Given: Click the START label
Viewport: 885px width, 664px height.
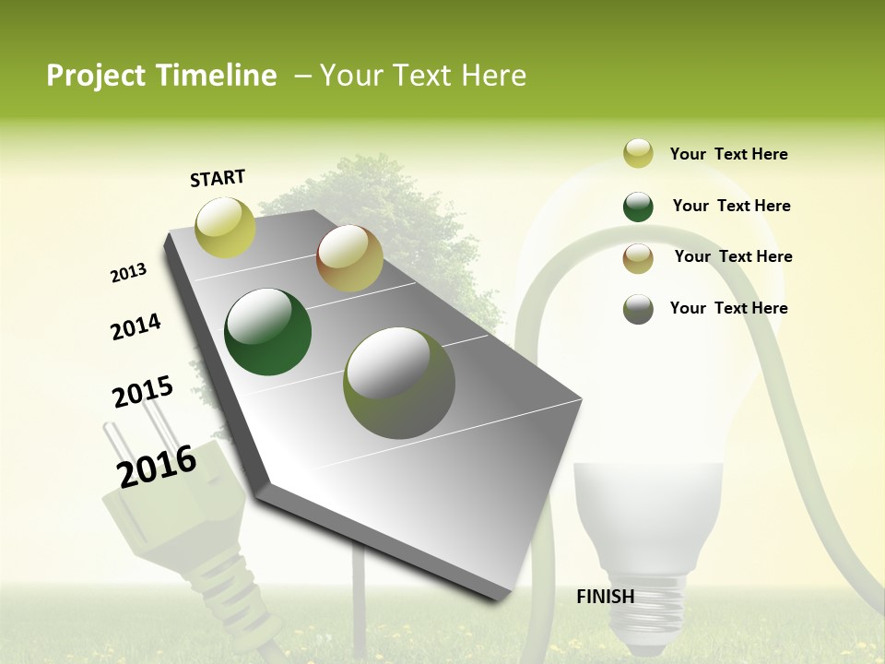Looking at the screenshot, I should pos(218,178).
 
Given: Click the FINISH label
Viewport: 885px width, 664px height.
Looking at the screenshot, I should pos(605,597).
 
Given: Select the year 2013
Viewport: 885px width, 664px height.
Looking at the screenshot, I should pos(128,272).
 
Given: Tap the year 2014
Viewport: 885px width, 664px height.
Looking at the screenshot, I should pos(136,326).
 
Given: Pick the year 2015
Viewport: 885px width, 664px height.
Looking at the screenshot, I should pos(142,392).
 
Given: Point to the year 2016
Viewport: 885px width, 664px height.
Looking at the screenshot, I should pos(157,465).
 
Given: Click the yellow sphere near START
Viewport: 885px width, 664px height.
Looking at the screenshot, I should pos(225,227).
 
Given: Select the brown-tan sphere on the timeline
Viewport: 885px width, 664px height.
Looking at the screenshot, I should pos(349,258).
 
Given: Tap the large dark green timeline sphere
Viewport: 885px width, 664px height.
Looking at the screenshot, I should pos(268,332).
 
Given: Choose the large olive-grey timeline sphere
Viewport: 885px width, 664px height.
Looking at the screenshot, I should pos(399,382).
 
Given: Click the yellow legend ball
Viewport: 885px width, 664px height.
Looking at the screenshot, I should pos(638,153).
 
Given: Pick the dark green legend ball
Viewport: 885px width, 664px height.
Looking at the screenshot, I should pos(638,207).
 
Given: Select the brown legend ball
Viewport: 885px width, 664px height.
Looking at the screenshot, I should pos(638,258).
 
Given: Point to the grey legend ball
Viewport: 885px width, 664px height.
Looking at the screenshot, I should pos(638,309).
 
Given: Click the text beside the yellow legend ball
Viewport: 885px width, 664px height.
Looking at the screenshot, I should pos(728,154).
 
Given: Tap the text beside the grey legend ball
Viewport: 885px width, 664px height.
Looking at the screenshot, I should pos(728,308).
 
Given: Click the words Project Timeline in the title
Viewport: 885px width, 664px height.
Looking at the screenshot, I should pos(161,76).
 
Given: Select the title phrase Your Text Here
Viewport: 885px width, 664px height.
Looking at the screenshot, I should pos(423,76).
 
